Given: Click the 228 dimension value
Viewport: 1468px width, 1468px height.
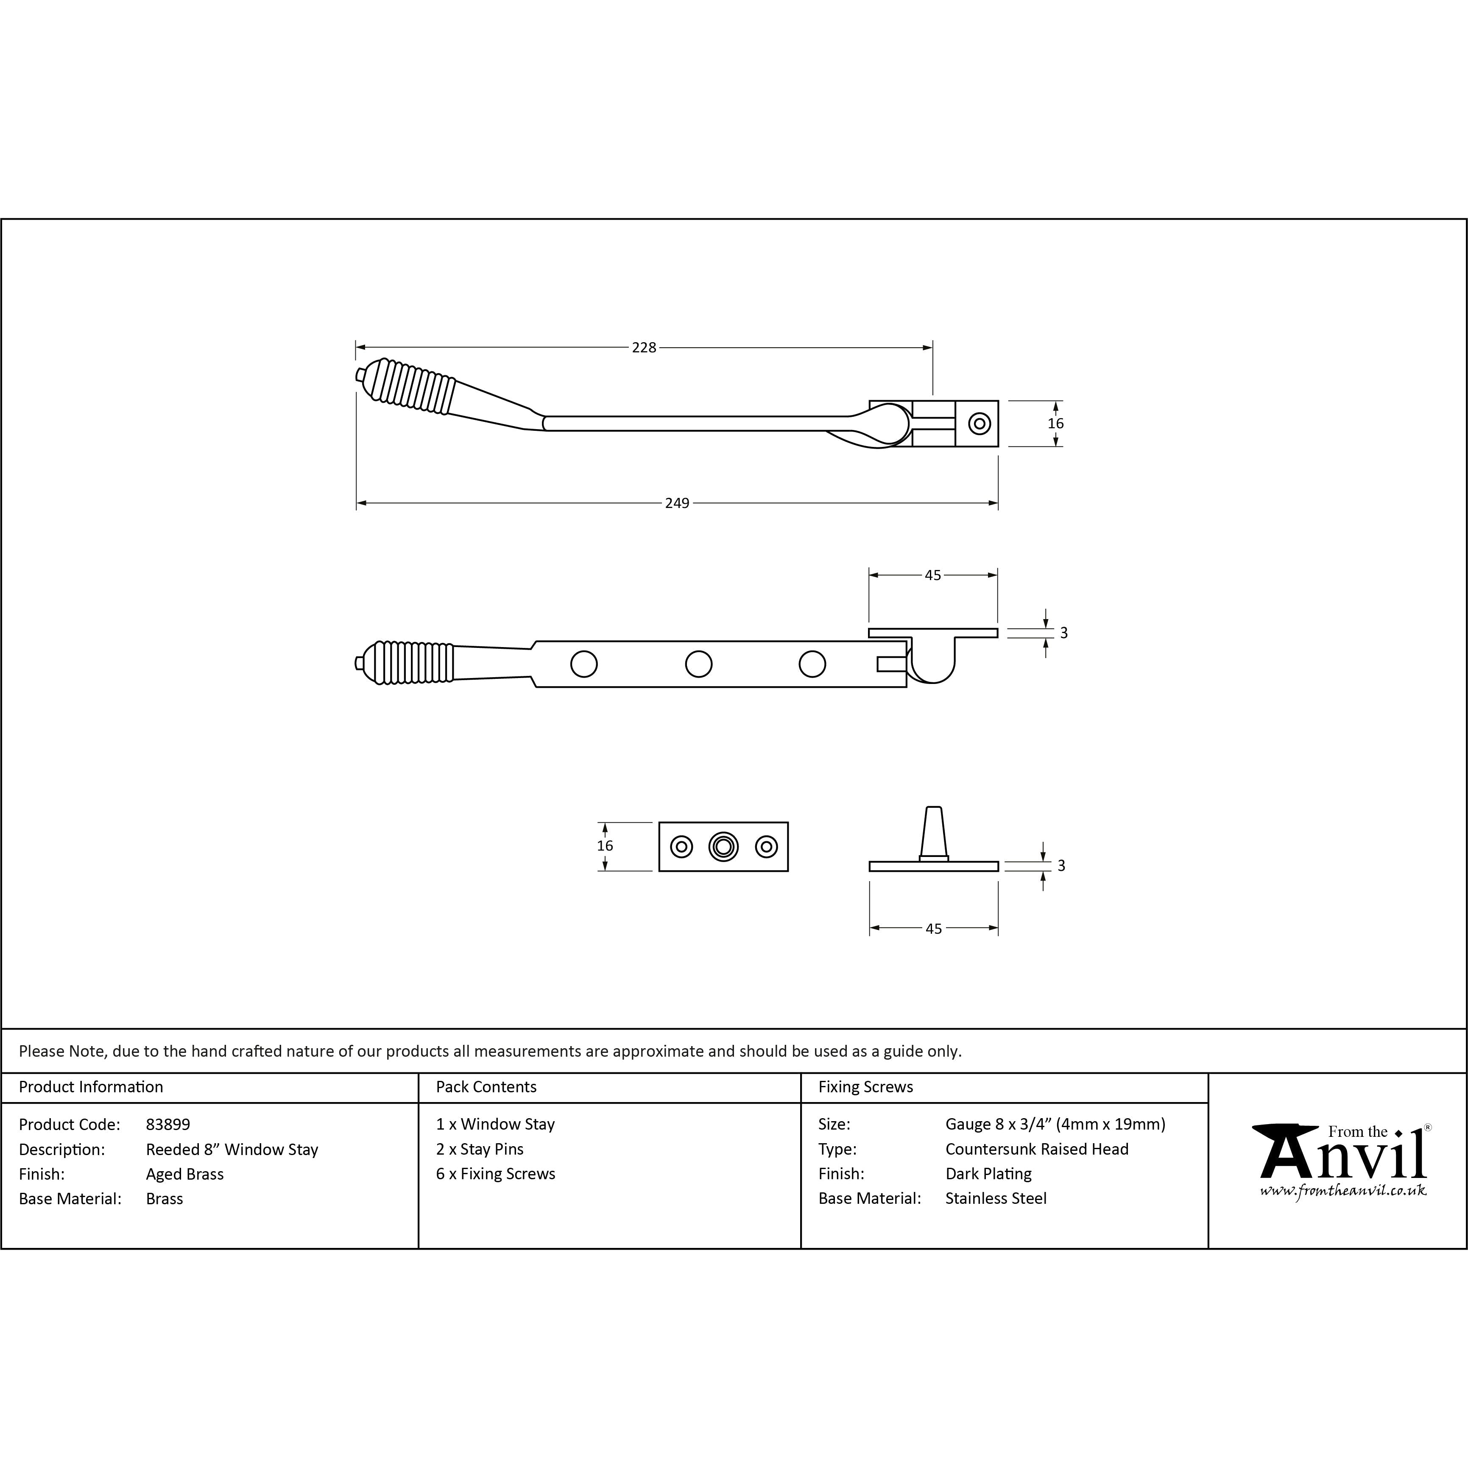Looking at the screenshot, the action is point(644,347).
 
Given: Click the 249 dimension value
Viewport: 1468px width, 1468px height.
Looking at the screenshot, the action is point(677,503).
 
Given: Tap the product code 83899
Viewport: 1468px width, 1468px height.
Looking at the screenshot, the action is point(168,1124).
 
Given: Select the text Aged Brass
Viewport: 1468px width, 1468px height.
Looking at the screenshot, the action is point(184,1174).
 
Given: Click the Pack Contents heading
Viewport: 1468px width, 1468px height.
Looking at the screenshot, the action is point(486,1086).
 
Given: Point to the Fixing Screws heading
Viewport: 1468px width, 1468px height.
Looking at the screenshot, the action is point(865,1086).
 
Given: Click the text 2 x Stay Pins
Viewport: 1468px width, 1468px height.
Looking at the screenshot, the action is point(480,1149).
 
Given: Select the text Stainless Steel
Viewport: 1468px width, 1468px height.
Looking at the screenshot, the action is point(995,1198).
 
